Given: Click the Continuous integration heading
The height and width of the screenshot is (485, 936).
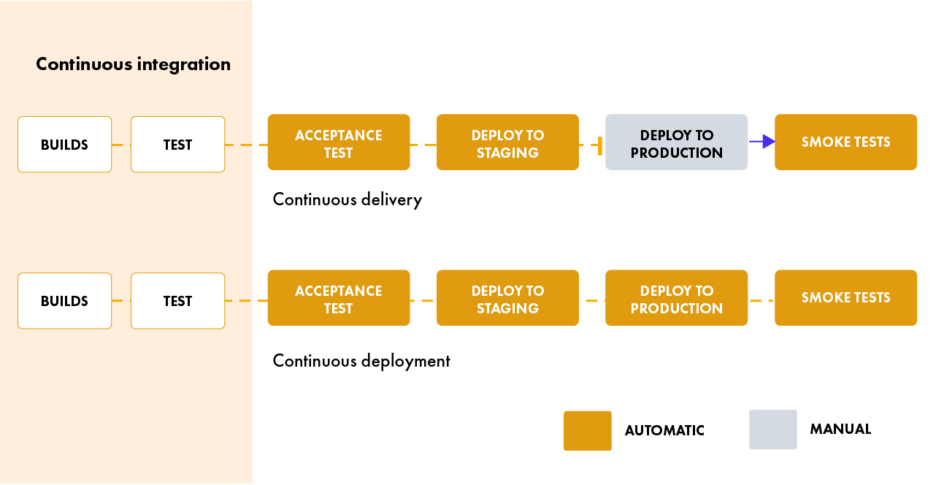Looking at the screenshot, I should coord(133,64).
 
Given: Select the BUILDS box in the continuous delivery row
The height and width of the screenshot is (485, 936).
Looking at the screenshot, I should coord(64,145).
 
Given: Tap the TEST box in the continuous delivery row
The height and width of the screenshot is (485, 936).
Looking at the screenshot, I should coord(177,145).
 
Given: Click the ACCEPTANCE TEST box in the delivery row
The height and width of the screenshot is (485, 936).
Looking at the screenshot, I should coord(338,142).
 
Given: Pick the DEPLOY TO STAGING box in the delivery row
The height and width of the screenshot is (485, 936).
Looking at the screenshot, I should coord(507,142).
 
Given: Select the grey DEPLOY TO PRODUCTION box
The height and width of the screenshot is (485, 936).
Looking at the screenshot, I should coord(676,142).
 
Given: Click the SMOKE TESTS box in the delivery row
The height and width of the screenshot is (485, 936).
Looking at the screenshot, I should coord(845,142).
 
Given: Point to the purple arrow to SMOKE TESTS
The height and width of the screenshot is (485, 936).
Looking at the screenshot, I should coord(762,142).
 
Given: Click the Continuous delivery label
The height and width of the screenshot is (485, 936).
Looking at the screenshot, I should coord(347,199).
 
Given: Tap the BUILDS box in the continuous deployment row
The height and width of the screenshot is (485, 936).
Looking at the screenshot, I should coord(64,301).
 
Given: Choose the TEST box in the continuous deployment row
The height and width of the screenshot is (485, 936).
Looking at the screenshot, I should coord(177,301).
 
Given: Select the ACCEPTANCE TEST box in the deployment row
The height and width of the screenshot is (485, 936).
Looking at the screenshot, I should coord(338,298).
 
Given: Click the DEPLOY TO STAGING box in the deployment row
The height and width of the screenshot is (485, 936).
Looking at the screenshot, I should coord(507,298).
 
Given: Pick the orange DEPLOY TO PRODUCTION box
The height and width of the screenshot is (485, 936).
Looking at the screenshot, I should coord(676,298).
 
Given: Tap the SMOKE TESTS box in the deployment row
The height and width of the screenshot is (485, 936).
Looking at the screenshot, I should coord(845,298).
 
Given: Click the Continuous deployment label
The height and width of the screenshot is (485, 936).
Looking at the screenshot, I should coord(361,361).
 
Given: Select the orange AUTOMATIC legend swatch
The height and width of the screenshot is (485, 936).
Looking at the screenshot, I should coord(587,430).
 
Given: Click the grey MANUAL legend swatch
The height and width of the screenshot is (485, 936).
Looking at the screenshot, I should coord(772,429).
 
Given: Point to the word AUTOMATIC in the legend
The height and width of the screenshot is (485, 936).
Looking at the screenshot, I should coord(664,431).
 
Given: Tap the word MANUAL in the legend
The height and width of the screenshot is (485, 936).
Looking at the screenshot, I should coord(840,429).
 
